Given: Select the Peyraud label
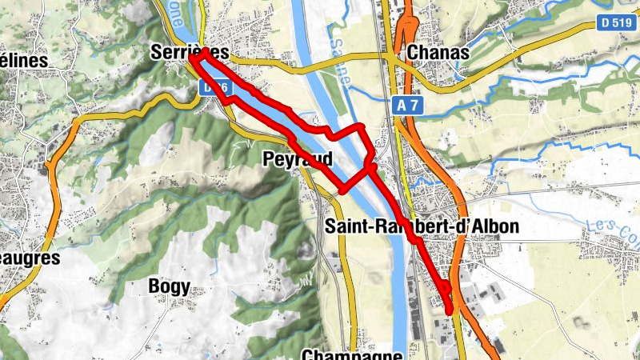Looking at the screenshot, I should point(297,160).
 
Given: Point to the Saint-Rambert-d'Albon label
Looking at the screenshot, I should point(422,226).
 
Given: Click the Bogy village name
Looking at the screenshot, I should point(169,286).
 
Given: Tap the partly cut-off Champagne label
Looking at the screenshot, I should point(352,354).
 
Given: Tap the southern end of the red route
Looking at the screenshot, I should point(449,311).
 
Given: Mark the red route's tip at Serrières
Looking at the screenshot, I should point(191,58).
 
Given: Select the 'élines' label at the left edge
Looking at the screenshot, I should point(23,61).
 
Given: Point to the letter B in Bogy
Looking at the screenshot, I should point(154,286).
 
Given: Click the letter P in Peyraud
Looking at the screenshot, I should point(268,160).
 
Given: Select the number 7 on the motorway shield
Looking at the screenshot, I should point(414,104).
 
